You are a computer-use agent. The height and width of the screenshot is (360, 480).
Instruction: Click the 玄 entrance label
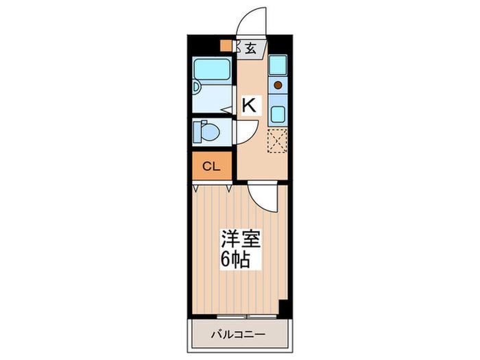(250, 49)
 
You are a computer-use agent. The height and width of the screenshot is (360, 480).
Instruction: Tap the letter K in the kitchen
(250, 105)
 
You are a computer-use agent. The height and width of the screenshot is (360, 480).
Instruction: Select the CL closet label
(211, 167)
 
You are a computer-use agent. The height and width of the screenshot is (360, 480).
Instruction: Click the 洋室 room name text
(241, 239)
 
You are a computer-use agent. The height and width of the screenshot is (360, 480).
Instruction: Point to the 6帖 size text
(235, 260)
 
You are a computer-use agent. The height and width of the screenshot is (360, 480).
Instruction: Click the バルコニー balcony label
(238, 335)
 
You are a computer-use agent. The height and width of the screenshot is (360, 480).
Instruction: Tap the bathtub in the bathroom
(212, 69)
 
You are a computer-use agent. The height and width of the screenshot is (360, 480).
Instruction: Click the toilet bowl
(208, 132)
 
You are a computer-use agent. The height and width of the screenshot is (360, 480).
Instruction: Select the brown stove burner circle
(278, 85)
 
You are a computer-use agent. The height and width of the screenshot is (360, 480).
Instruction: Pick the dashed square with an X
(277, 141)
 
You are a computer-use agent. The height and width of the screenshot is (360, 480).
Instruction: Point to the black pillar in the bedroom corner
(284, 309)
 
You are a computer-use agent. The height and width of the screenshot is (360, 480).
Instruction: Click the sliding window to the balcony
(247, 316)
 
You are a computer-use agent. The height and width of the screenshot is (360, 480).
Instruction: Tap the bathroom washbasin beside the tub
(196, 86)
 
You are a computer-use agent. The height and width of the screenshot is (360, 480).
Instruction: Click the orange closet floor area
(211, 166)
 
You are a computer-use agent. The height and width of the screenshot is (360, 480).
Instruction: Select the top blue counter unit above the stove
(278, 65)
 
